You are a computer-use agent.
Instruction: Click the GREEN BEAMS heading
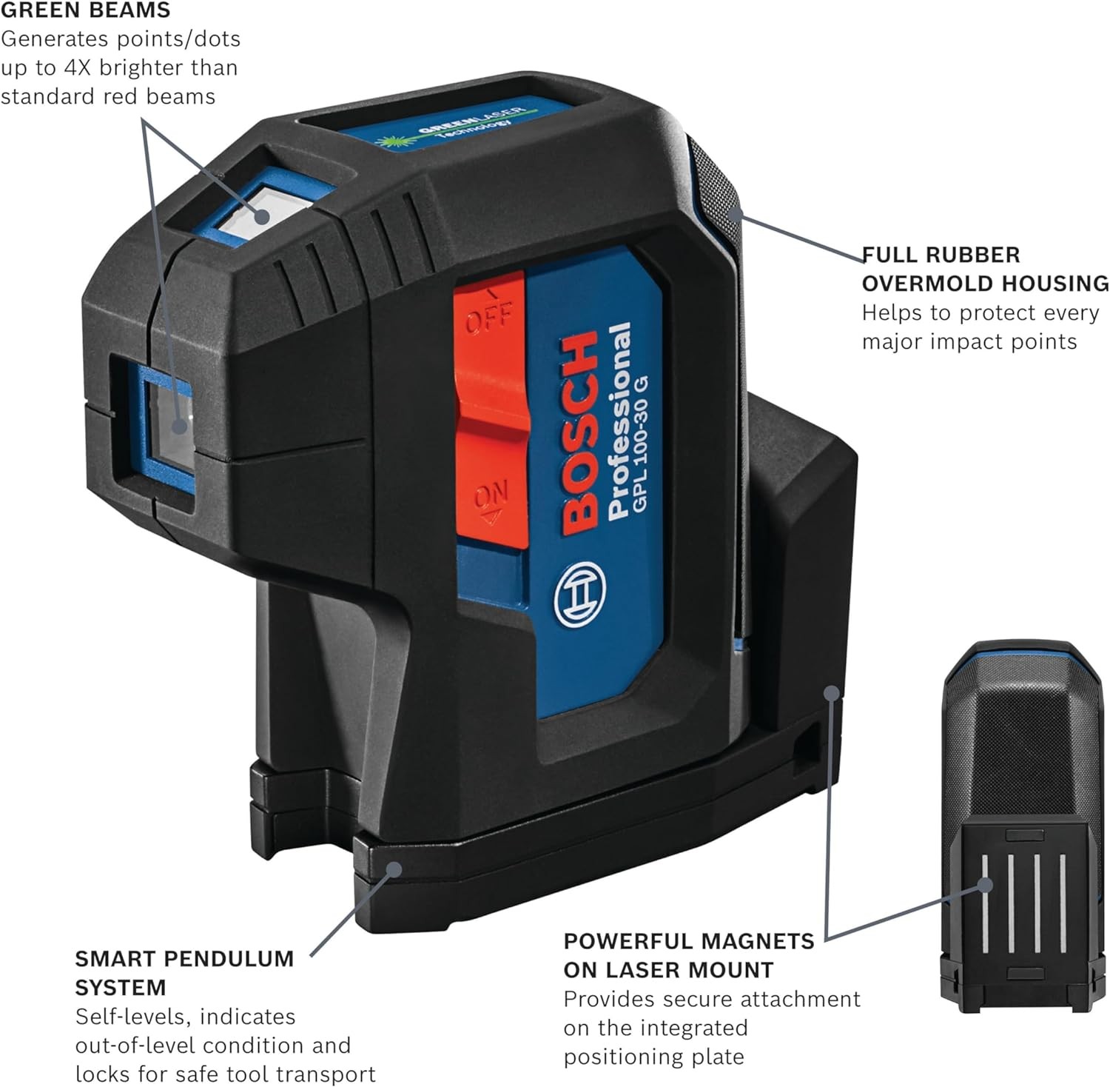pyautogui.click(x=85, y=10)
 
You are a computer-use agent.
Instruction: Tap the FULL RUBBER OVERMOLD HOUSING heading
pyautogui.click(x=986, y=269)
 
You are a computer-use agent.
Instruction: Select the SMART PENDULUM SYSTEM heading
pyautogui.click(x=184, y=973)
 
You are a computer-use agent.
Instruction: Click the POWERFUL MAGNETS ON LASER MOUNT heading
pyautogui.click(x=689, y=955)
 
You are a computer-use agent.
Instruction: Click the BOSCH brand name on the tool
pyautogui.click(x=579, y=432)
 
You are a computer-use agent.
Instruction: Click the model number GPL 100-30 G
pyautogui.click(x=641, y=445)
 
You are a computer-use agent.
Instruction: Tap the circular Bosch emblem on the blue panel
pyautogui.click(x=579, y=594)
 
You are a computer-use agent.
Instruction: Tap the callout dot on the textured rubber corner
pyautogui.click(x=733, y=214)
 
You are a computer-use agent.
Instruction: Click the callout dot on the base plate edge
pyautogui.click(x=394, y=869)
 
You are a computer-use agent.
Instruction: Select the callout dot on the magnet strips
pyautogui.click(x=984, y=884)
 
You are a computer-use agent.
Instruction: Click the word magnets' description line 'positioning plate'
pyautogui.click(x=653, y=1057)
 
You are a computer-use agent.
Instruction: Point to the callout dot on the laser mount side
pyautogui.click(x=832, y=693)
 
